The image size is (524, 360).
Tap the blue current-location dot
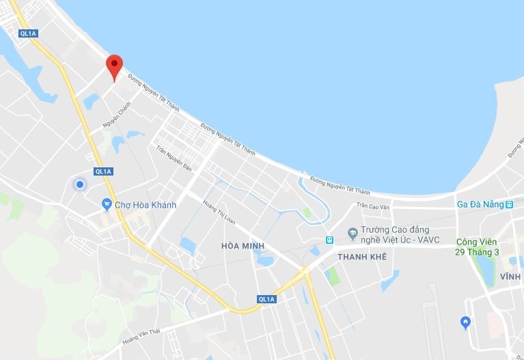(x=80, y=184)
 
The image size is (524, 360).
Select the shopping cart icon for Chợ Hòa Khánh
(x=107, y=204)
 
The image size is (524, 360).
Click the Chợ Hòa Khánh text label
(x=145, y=205)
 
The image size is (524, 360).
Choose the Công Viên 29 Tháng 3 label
(x=478, y=247)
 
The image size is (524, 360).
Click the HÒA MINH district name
(x=243, y=246)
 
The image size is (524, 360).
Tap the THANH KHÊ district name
(x=361, y=257)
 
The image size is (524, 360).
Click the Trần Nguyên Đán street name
(x=174, y=158)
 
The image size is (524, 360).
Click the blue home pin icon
(x=466, y=322)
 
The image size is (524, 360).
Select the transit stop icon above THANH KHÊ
(x=329, y=240)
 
